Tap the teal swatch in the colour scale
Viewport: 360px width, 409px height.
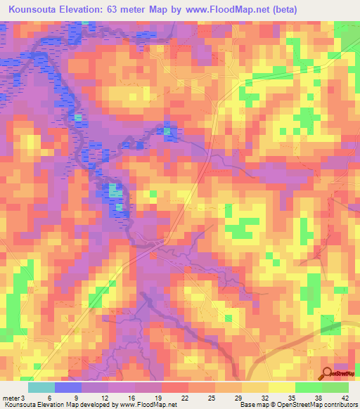point(41,387)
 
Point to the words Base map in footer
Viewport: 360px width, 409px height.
point(252,404)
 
